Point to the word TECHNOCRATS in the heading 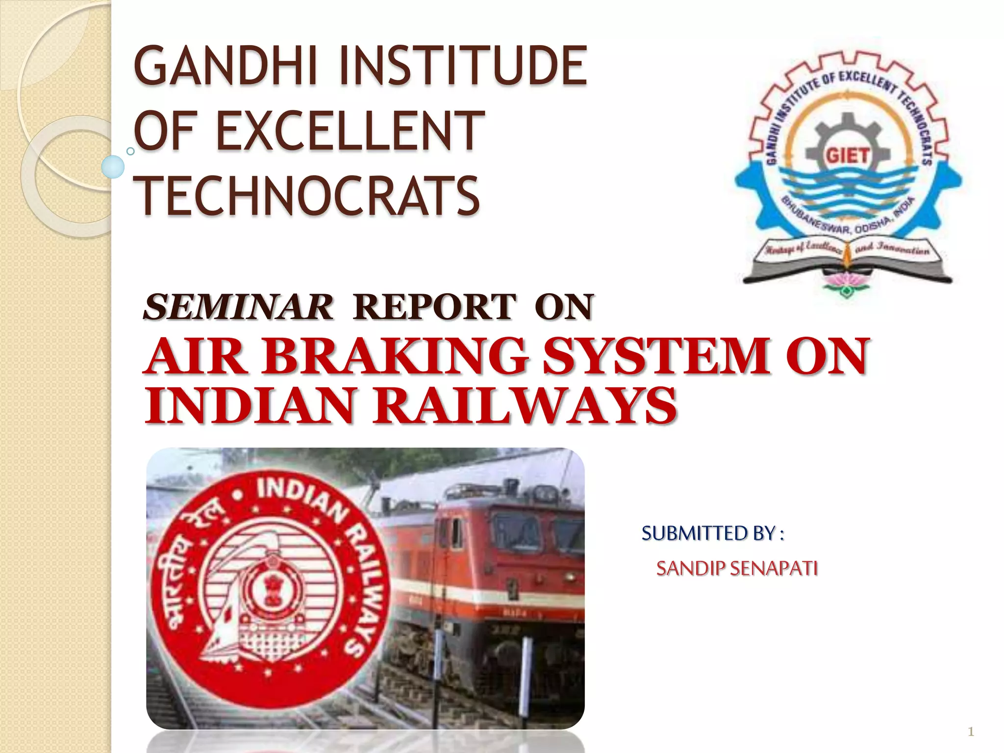(307, 196)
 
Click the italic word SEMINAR (238, 307)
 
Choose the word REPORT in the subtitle (434, 307)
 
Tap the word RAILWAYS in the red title (525, 406)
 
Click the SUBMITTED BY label (713, 533)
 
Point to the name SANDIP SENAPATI (737, 569)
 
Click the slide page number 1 (971, 732)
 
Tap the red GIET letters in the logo (848, 156)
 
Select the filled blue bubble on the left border (113, 167)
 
